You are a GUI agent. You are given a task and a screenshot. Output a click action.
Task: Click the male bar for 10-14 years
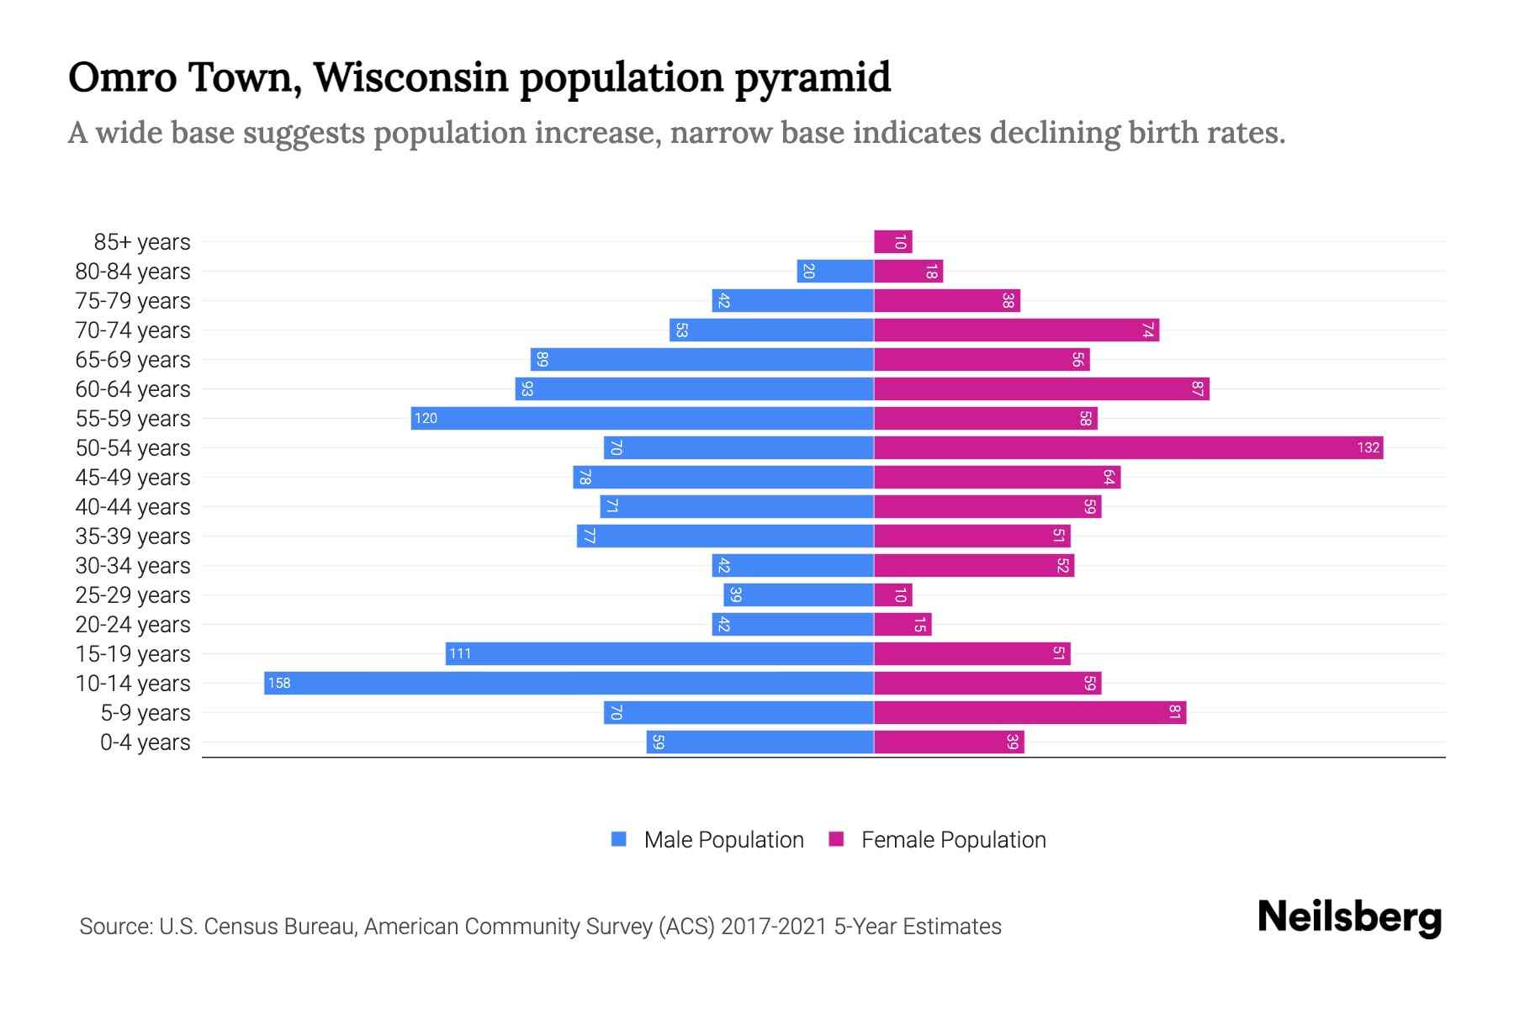coord(569,683)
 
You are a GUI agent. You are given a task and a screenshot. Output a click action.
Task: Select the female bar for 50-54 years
coord(1128,447)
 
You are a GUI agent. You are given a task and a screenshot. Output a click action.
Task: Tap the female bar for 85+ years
coord(893,242)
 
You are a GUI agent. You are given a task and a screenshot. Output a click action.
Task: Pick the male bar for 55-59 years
coord(642,418)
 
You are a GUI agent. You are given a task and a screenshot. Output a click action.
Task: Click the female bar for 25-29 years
coord(893,595)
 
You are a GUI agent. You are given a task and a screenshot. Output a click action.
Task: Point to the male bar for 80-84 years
coord(835,272)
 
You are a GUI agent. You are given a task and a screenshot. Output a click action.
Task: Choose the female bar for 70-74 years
coord(1016,330)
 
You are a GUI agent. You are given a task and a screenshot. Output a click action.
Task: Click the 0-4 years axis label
coord(145,742)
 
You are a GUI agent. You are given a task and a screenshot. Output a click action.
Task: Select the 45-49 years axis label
coord(133,478)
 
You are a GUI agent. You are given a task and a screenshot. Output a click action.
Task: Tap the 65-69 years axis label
coord(133,360)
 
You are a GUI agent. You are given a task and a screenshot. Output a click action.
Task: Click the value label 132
coord(1368,447)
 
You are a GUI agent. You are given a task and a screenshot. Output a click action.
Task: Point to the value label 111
coord(460,654)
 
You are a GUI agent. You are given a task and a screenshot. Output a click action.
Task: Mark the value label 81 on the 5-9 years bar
coord(1175,713)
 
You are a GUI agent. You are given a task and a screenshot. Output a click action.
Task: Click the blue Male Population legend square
coord(619,839)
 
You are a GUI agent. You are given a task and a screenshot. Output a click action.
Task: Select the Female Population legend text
coord(953,840)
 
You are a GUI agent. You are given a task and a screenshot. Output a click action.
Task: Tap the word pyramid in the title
coord(813,77)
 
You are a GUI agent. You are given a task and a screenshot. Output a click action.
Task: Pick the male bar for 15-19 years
coord(659,654)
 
